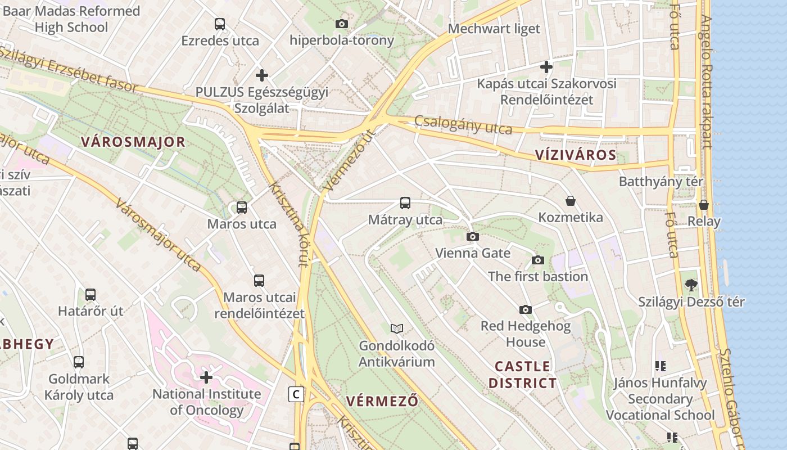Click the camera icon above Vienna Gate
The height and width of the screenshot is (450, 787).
[x=473, y=236]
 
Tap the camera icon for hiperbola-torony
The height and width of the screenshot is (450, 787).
[x=341, y=24]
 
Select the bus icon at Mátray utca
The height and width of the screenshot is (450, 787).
[x=405, y=203]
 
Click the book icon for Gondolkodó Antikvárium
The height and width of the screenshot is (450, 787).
[x=397, y=328]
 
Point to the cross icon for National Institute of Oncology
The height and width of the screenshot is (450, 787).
[x=206, y=377]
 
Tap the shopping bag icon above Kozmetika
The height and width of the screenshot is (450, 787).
[x=571, y=201]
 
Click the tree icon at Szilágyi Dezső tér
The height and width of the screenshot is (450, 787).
[x=691, y=285]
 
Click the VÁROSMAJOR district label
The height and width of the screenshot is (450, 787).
[x=133, y=142]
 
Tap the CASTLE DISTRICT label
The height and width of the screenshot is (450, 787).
[x=522, y=375]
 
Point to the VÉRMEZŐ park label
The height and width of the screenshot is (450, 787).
[x=382, y=402]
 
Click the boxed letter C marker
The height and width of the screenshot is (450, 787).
[x=296, y=394]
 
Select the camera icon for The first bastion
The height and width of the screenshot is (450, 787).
[x=538, y=260]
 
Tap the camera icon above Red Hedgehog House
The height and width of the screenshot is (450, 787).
[x=526, y=309]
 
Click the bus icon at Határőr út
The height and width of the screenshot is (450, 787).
[x=91, y=294]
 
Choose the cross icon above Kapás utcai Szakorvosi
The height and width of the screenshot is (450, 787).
[x=546, y=67]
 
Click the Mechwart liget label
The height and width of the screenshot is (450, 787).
[x=494, y=29]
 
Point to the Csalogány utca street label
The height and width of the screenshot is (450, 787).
[x=463, y=125]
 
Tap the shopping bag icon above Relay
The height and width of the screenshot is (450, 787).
[x=704, y=205]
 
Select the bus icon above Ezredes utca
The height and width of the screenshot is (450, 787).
[x=220, y=24]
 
